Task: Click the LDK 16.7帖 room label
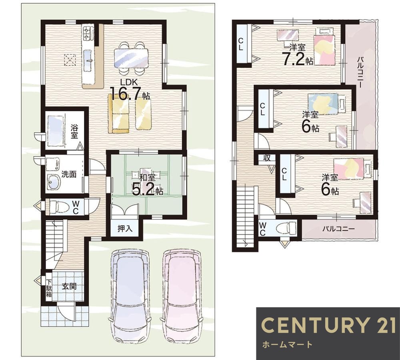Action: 130,90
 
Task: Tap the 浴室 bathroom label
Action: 74,131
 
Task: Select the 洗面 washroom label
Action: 69,174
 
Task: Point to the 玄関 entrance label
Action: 69,286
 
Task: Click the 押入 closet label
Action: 125,229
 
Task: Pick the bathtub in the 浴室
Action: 56,131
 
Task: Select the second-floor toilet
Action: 286,228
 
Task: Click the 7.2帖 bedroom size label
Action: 298,59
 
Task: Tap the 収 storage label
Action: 267,158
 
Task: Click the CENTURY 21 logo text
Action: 328,325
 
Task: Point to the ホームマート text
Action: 287,345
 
